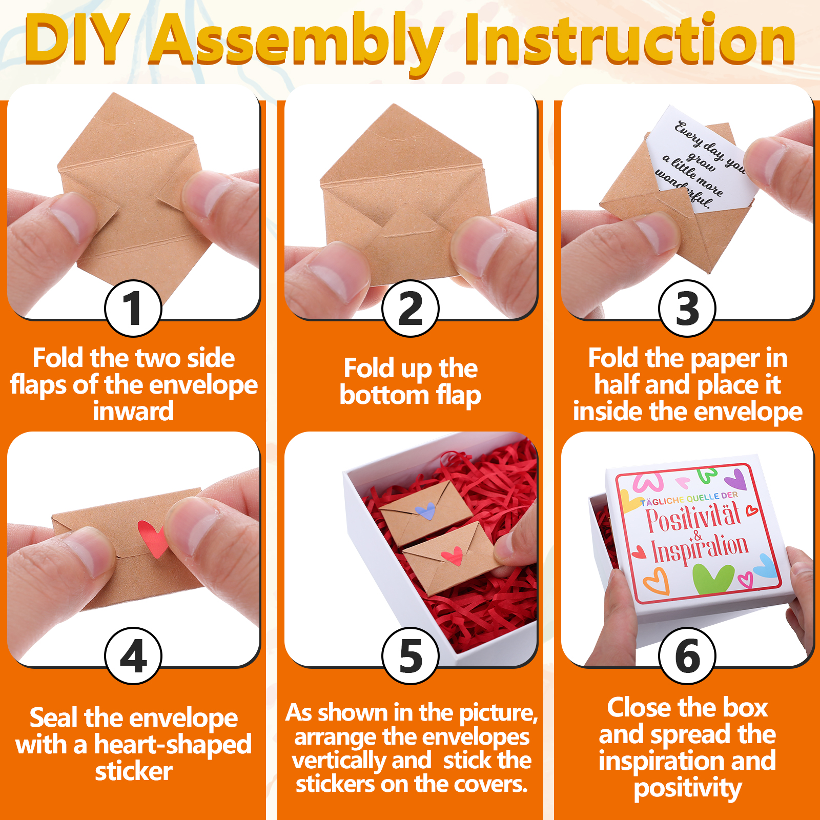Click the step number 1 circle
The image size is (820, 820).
[133, 308]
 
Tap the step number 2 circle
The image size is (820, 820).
[411, 308]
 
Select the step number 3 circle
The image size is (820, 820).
[687, 308]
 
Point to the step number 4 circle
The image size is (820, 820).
[133, 655]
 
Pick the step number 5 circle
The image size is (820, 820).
[411, 655]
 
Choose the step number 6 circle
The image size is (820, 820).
[687, 655]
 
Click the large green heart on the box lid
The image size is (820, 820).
[713, 578]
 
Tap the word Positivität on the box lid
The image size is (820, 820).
[693, 517]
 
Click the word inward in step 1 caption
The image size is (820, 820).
[133, 412]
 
